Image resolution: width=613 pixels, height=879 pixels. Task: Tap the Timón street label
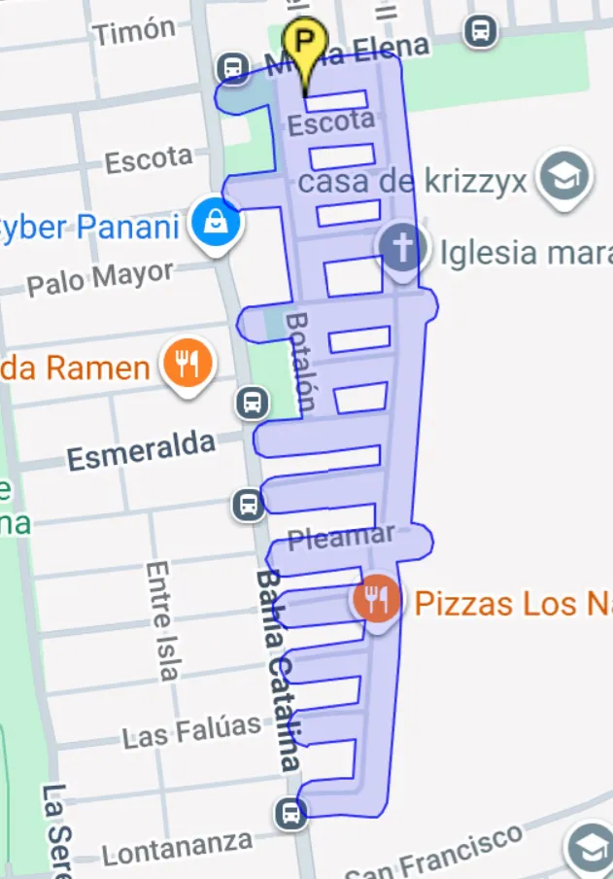pyautogui.click(x=135, y=31)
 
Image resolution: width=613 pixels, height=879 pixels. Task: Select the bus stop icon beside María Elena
pyautogui.click(x=231, y=68)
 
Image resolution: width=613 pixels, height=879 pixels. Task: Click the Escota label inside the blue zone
pyautogui.click(x=331, y=123)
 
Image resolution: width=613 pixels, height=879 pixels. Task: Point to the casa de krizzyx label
pyautogui.click(x=413, y=180)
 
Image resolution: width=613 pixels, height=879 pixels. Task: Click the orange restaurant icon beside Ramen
pyautogui.click(x=188, y=366)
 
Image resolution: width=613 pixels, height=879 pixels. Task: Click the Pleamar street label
pyautogui.click(x=342, y=537)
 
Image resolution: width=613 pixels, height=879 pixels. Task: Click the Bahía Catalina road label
pyautogui.click(x=277, y=670)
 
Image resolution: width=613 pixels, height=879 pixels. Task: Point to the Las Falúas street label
pyautogui.click(x=191, y=730)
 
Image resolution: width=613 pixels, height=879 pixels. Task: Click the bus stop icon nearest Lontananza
pyautogui.click(x=289, y=813)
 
